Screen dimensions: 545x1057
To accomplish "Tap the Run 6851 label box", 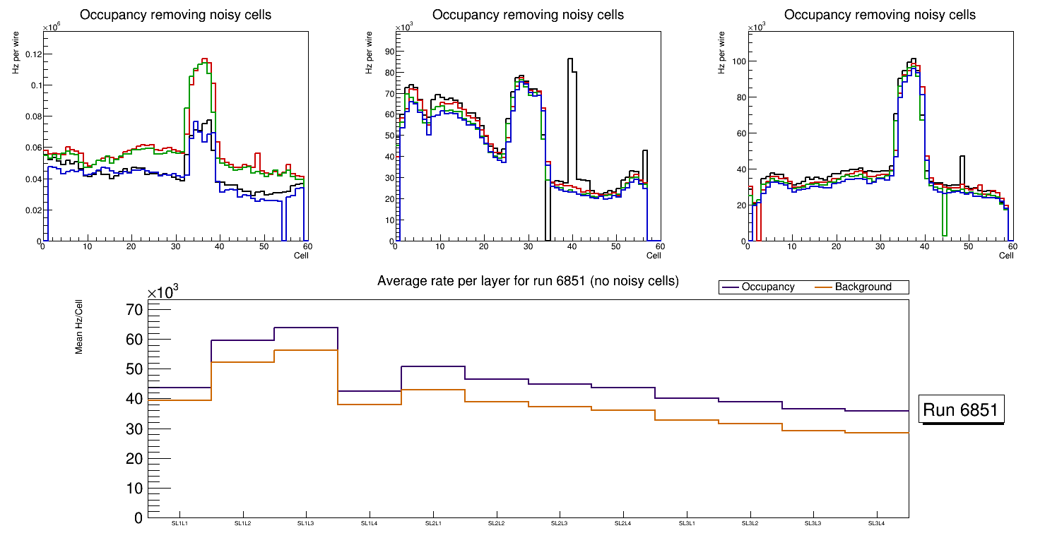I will pyautogui.click(x=961, y=409).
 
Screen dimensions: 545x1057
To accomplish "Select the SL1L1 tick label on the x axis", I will pyautogui.click(x=179, y=524).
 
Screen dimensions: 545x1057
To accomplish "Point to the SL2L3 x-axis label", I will pyautogui.click(x=560, y=524).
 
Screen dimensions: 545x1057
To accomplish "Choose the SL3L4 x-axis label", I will pyautogui.click(x=877, y=524).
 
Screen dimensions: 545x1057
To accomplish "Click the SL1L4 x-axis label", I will pyautogui.click(x=370, y=524).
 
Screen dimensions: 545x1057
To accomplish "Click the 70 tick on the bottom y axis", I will pyautogui.click(x=134, y=310).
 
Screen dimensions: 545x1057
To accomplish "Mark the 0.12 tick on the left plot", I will pyautogui.click(x=28, y=54).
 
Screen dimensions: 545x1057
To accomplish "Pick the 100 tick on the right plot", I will pyautogui.click(x=738, y=61).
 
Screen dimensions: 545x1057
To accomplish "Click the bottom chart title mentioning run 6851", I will pyautogui.click(x=528, y=281).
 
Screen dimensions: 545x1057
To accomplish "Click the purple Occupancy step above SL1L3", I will pyautogui.click(x=306, y=328).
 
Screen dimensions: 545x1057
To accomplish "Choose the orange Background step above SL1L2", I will pyautogui.click(x=242, y=362).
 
